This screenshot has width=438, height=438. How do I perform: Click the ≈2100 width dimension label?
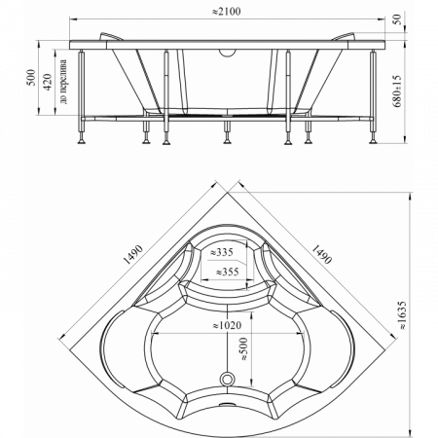(x=226, y=12)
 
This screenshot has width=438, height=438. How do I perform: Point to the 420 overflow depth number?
(x=48, y=82)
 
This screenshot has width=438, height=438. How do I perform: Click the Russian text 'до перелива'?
(x=63, y=82)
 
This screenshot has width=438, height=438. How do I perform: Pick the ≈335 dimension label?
(x=222, y=252)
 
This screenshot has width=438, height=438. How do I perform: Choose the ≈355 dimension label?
(x=228, y=272)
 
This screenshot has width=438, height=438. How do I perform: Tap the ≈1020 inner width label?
(x=227, y=325)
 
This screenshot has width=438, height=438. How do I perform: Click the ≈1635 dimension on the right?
(x=401, y=315)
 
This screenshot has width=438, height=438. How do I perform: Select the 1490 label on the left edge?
(x=133, y=255)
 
